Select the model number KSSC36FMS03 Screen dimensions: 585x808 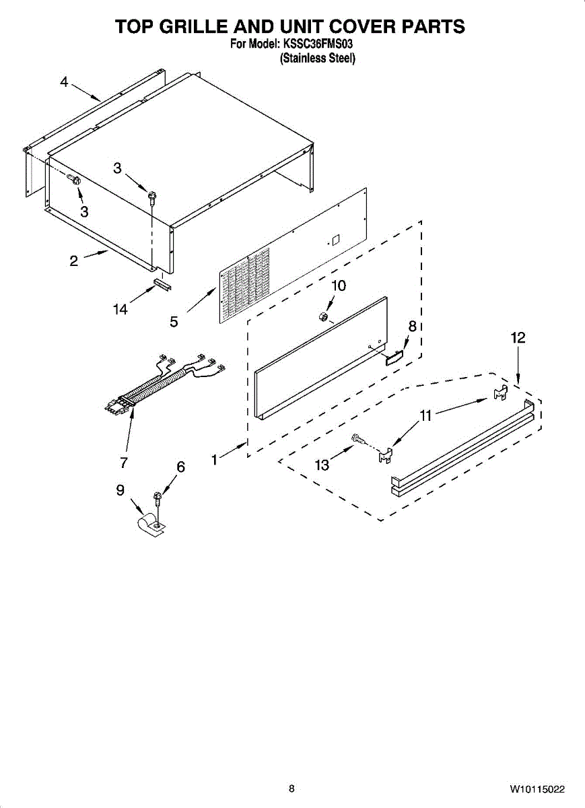point(317,44)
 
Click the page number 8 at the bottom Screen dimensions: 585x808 point(291,788)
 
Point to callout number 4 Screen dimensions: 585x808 point(64,82)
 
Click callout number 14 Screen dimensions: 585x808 point(121,310)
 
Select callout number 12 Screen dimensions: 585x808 point(518,338)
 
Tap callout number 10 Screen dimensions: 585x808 point(338,285)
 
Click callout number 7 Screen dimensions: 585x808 point(124,463)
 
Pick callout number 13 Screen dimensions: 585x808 point(322,465)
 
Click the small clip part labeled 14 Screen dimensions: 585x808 point(162,283)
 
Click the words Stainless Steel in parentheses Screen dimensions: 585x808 point(317,59)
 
